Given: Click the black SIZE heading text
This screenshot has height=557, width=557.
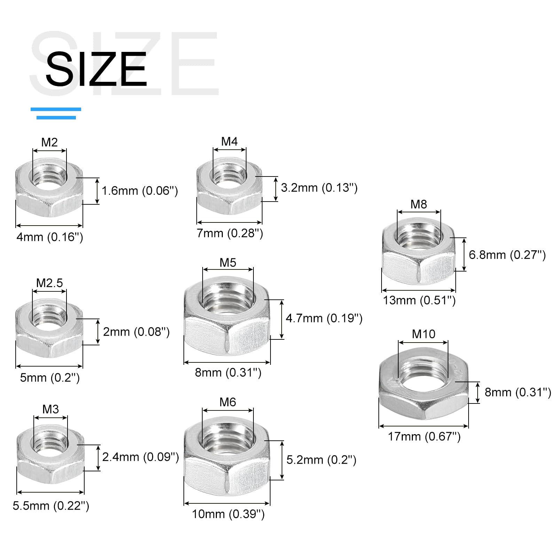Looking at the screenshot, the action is point(96,69).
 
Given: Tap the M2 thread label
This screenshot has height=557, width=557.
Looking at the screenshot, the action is point(49,142).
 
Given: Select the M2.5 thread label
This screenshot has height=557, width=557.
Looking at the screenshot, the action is point(49,283).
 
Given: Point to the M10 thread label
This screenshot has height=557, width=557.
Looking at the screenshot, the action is point(423,334).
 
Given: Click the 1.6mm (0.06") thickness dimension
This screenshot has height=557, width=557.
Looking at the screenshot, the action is point(140,191).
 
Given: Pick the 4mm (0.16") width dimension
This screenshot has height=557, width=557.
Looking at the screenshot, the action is point(50,237).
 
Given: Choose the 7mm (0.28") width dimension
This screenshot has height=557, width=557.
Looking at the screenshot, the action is point(230,233).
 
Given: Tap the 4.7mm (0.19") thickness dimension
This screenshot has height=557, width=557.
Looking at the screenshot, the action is point(324,318).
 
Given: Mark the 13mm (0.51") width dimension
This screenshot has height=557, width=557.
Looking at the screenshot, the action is point(419,300).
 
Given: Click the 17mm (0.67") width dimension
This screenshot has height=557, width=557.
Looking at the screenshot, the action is point(424,437).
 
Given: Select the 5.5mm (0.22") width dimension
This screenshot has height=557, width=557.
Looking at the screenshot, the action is point(51,506).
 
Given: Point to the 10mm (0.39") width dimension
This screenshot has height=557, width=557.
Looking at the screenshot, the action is point(228,514).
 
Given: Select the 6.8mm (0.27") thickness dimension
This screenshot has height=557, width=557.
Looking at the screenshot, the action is point(507,255).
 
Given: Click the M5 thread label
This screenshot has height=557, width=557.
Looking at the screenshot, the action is point(228,263).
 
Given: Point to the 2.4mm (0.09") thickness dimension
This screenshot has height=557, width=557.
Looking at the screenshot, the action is point(141,457).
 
